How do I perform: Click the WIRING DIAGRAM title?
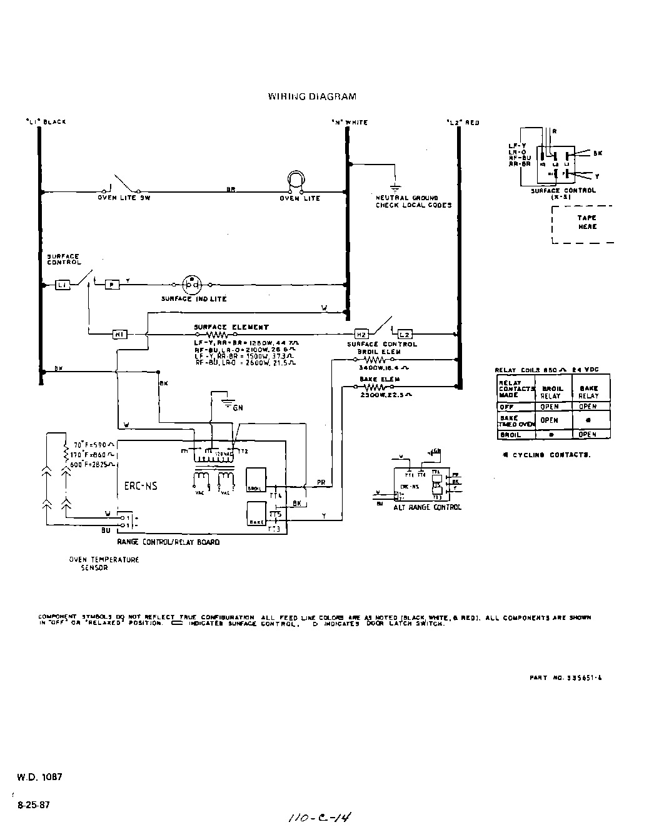point(312,96)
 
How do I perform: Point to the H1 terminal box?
point(119,334)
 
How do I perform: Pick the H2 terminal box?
point(361,334)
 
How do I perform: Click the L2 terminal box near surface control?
point(404,334)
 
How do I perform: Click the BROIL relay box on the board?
point(256,479)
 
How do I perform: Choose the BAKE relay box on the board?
point(256,513)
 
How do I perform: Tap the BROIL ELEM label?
point(380,352)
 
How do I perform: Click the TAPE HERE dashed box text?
point(586,223)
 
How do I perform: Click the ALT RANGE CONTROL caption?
point(427,507)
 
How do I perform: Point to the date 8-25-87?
point(34,805)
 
